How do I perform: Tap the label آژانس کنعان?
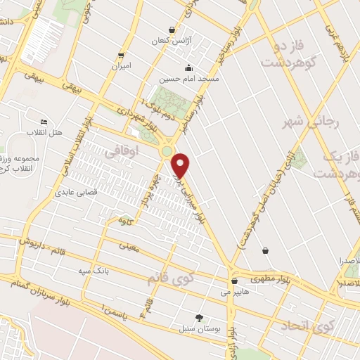coord(172,41)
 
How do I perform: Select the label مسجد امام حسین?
coord(188,79)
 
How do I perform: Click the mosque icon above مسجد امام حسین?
coord(188,68)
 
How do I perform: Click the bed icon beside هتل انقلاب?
coord(44,122)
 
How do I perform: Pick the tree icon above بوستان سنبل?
coord(199,318)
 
